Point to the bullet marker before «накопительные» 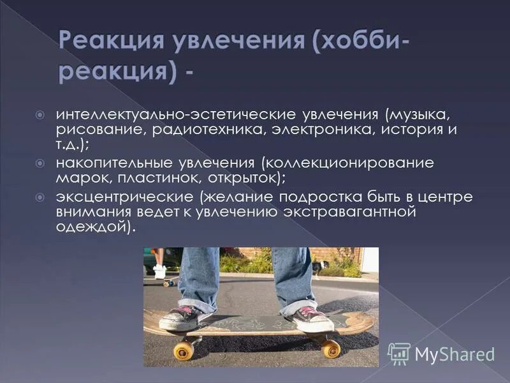pyautogui.click(x=40, y=163)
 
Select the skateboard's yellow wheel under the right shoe pyautogui.click(x=330, y=348)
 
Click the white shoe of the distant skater pyautogui.click(x=159, y=271)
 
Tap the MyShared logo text pyautogui.click(x=455, y=354)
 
